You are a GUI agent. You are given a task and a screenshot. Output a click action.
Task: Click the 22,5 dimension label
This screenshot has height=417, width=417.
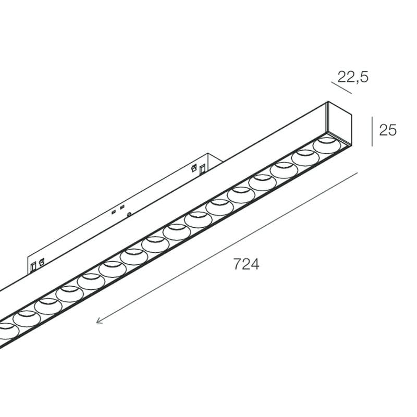pos(353,77)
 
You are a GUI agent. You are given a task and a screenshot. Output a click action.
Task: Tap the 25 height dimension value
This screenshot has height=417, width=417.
pos(388,130)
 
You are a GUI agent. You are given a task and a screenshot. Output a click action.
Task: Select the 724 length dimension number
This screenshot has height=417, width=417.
pos(246,264)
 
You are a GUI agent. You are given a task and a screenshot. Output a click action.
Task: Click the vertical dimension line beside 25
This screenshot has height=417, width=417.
pos(372,131)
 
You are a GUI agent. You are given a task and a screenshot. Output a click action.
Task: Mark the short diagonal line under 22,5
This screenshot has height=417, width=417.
pos(341,88)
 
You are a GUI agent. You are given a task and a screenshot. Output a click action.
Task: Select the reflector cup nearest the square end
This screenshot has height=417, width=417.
pos(327,145)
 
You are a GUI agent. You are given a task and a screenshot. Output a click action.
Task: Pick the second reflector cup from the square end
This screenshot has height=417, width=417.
pos(305,158)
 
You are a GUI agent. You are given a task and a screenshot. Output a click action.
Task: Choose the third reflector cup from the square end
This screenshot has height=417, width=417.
pos(284,170)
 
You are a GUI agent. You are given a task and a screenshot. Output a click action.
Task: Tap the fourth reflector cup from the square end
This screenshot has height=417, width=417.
pos(263,182)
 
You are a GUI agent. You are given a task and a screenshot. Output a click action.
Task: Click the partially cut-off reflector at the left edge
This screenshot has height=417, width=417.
pos(8,331)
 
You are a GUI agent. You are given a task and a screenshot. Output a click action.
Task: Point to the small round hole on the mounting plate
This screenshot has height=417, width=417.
pos(129,214)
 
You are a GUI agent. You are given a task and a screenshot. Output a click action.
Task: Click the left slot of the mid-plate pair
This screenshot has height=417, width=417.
pos(114,212)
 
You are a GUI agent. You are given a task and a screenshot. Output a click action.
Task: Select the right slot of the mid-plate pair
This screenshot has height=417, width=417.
pos(122,207)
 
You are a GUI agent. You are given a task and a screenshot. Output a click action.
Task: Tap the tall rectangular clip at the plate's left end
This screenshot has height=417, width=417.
pos(33,266)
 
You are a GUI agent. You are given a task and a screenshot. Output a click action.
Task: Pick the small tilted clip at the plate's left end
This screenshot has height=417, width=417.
pos(41,263)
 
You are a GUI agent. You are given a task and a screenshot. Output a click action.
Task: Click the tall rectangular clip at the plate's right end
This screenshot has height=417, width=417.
pos(203,169)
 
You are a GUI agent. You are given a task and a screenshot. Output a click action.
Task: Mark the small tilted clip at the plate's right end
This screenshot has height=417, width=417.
pos(194,168)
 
